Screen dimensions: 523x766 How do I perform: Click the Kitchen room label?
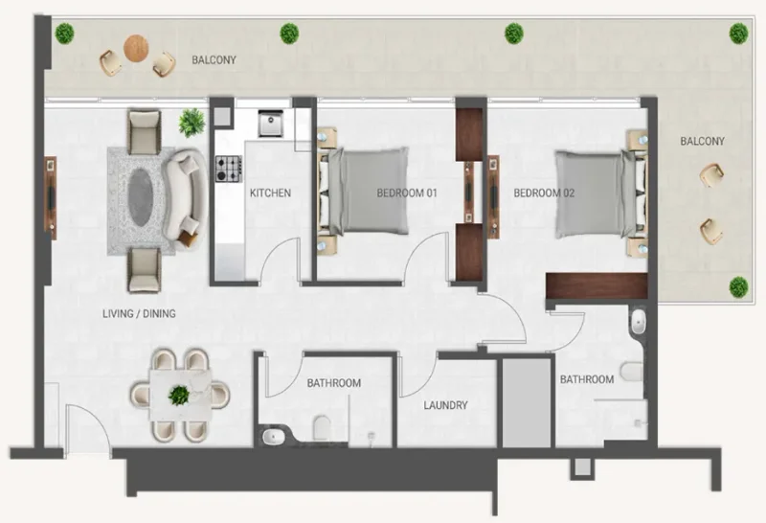pyautogui.click(x=270, y=193)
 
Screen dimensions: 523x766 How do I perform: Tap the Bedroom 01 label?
pyautogui.click(x=407, y=193)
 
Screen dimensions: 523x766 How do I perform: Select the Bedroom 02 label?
pyautogui.click(x=544, y=193)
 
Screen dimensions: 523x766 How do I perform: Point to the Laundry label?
pyautogui.click(x=446, y=405)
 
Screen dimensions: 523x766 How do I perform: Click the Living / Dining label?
pyautogui.click(x=139, y=313)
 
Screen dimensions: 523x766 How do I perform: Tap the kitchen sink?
pyautogui.click(x=269, y=123)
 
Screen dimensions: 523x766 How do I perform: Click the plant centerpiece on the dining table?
pyautogui.click(x=179, y=394)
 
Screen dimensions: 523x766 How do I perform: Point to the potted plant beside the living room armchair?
pyautogui.click(x=192, y=123)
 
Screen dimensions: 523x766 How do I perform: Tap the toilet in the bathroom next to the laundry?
pyautogui.click(x=322, y=425)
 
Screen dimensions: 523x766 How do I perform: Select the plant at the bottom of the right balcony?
pyautogui.click(x=738, y=285)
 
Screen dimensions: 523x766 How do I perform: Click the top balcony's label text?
pyautogui.click(x=214, y=59)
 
